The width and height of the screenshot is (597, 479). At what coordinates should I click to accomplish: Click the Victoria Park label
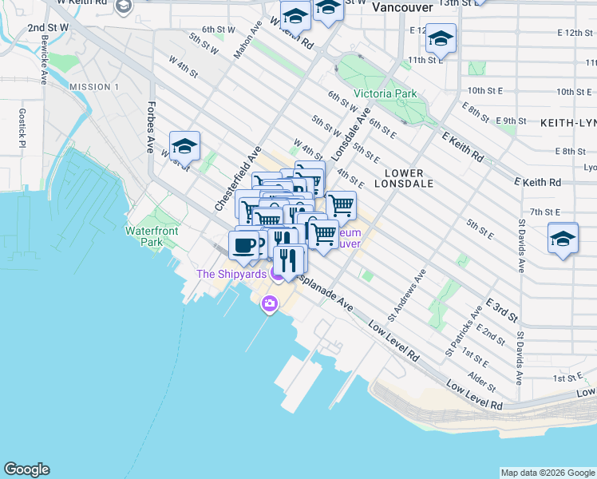[385, 93]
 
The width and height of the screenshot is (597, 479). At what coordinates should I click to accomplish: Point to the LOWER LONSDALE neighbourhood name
[409, 177]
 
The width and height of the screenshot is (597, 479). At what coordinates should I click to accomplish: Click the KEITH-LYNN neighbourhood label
[567, 124]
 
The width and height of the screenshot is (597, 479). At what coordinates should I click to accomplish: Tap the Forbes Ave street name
[149, 127]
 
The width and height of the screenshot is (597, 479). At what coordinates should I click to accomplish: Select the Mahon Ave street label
[247, 45]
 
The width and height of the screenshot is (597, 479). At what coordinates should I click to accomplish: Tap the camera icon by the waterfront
[269, 303]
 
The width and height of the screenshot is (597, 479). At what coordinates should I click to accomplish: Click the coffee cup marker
[243, 243]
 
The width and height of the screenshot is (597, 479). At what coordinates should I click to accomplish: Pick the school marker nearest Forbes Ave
[184, 145]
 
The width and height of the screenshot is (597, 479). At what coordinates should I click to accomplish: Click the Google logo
[26, 469]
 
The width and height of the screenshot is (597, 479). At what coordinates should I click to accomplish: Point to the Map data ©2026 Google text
[548, 473]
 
